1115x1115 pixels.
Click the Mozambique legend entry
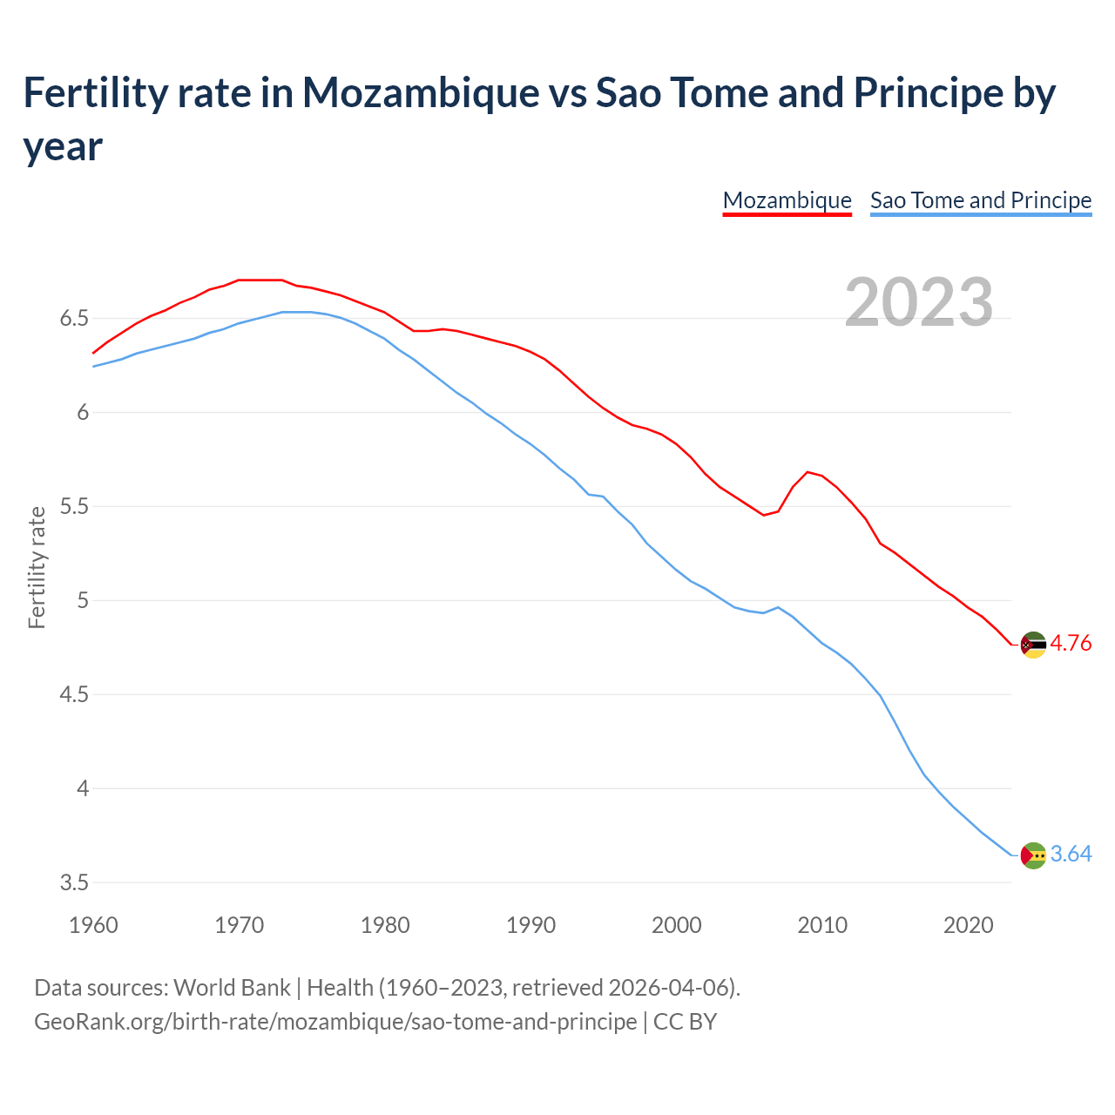pos(787,200)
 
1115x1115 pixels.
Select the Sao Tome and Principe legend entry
pos(980,200)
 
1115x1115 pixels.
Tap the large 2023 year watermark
pos(919,302)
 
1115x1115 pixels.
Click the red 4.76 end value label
pos(1071,644)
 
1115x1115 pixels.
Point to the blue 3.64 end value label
pos(1071,855)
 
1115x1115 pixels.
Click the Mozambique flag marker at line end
pos(1033,645)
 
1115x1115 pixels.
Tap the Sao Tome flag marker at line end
pos(1033,855)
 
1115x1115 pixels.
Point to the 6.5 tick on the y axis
pos(74,319)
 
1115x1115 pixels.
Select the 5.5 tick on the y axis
pos(74,507)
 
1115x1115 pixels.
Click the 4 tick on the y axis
pos(83,789)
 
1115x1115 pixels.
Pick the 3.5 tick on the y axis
pos(74,883)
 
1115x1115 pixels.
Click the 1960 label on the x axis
pos(93,925)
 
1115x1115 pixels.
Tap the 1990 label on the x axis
pos(530,925)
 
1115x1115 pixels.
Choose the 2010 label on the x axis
pos(822,925)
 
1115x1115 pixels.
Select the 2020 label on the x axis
pos(968,925)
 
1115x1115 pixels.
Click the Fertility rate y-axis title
pos(37,567)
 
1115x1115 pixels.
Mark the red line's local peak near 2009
pos(808,472)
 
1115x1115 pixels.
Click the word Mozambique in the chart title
pos(421,92)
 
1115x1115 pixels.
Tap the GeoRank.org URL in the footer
pos(335,1021)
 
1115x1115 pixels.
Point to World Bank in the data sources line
pos(232,988)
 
